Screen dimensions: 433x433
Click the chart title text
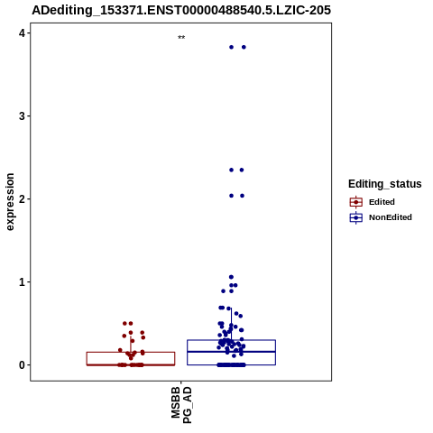(x=181, y=10)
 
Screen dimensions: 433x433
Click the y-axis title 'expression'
(x=10, y=202)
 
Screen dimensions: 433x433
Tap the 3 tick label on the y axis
(x=22, y=116)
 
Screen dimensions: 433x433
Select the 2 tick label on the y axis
(x=22, y=199)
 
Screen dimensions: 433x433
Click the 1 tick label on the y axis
(x=22, y=282)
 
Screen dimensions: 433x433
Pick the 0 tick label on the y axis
(x=22, y=365)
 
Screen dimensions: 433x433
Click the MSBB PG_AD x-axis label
(x=181, y=405)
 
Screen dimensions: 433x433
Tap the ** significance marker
(x=181, y=38)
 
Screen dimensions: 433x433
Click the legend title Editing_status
(x=385, y=184)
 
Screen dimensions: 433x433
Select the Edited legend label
(x=382, y=202)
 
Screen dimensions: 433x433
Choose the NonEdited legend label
(x=391, y=217)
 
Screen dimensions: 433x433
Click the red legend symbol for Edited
(x=356, y=202)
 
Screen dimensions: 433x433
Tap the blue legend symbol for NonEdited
(x=356, y=217)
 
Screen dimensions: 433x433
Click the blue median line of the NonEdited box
(x=231, y=352)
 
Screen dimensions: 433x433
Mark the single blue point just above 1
(x=231, y=277)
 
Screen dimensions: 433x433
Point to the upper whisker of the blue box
(x=231, y=324)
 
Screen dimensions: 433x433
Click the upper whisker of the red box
(x=131, y=344)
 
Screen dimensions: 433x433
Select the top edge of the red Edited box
(x=131, y=352)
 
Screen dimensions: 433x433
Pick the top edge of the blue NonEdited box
(x=231, y=340)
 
